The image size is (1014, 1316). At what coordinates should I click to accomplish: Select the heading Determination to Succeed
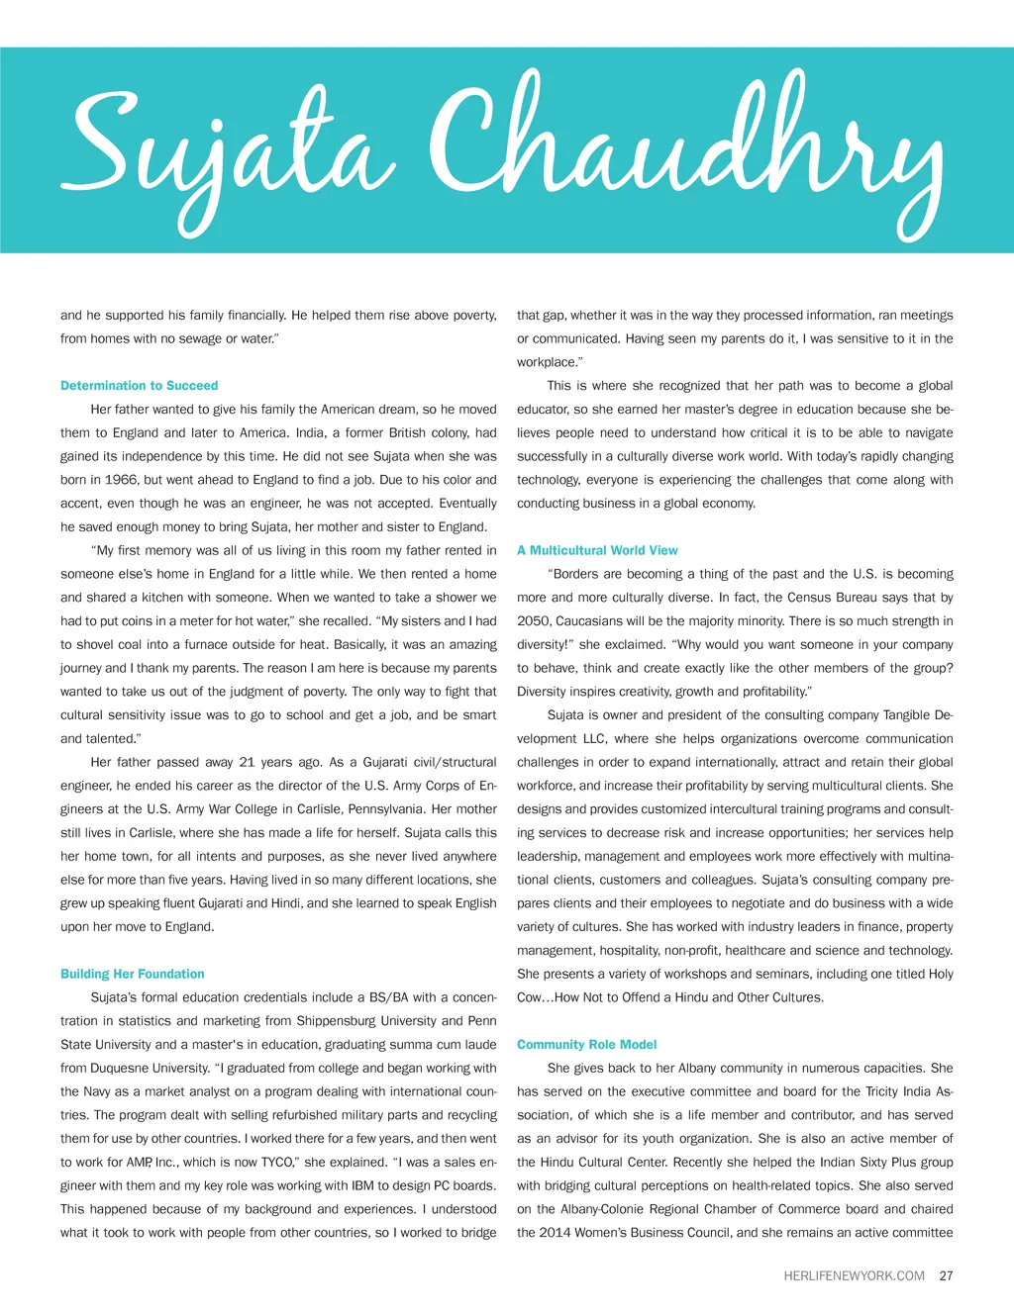pyautogui.click(x=139, y=386)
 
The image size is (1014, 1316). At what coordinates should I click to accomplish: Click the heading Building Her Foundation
pyautogui.click(x=132, y=974)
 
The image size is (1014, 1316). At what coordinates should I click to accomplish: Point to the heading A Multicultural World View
pyautogui.click(x=597, y=550)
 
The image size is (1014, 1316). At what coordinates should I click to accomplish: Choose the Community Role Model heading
pyautogui.click(x=586, y=1044)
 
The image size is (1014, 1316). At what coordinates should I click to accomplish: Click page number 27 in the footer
pyautogui.click(x=946, y=1275)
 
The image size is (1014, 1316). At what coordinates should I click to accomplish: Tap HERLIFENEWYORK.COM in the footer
pyautogui.click(x=854, y=1275)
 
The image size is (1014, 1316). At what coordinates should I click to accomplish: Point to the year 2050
pyautogui.click(x=534, y=621)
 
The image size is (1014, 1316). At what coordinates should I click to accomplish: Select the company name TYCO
pyautogui.click(x=277, y=1163)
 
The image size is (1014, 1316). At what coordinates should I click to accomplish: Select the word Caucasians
pyautogui.click(x=590, y=621)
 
